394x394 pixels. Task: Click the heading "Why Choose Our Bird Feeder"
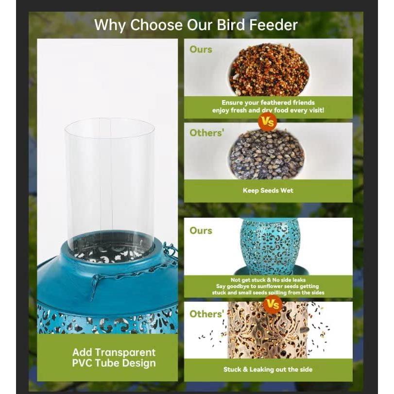(196, 24)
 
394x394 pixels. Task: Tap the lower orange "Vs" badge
(273, 305)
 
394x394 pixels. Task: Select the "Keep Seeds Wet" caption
(268, 190)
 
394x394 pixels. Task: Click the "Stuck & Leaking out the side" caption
(268, 370)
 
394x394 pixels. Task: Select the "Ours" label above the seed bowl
(201, 49)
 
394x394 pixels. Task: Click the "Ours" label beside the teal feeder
(201, 230)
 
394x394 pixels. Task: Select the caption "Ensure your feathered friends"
(268, 103)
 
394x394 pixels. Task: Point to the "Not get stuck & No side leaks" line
(268, 280)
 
